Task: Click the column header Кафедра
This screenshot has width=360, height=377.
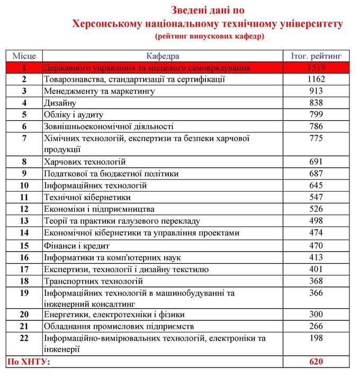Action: [163, 56]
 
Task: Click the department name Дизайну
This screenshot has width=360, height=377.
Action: [60, 103]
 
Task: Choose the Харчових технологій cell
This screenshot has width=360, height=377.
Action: [85, 162]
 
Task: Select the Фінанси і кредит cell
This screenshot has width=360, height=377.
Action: [76, 246]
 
